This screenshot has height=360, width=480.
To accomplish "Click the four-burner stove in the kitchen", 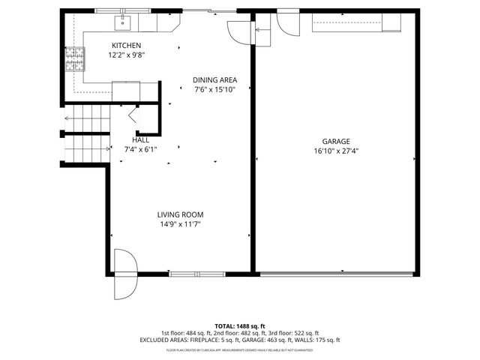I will [74, 58].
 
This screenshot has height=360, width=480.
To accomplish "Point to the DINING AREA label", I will [214, 80].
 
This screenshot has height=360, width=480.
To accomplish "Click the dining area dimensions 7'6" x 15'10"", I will [214, 90].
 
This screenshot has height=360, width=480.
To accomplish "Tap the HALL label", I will [140, 139].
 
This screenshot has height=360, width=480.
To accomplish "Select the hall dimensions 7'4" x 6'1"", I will [140, 149].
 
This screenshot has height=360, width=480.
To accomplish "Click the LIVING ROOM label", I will [180, 214].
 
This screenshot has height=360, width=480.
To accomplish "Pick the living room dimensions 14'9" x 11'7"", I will [180, 224].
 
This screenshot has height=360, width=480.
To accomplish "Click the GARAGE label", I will [336, 141].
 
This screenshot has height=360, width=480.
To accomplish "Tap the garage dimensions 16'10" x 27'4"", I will [336, 151].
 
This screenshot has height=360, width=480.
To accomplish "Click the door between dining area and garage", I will [240, 30].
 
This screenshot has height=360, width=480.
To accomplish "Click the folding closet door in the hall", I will [133, 115].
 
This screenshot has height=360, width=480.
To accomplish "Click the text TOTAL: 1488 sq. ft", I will [239, 325].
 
